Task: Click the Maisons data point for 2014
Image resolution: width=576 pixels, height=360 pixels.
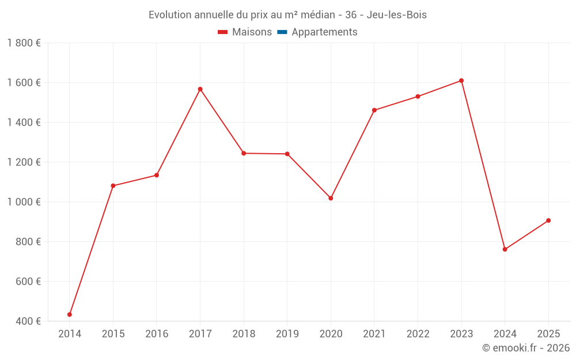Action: point(70,314)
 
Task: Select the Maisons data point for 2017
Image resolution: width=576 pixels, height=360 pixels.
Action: point(200,89)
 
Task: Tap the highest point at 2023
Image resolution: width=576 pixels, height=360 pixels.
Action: point(461,81)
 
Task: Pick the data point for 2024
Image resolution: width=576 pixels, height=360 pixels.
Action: point(505,249)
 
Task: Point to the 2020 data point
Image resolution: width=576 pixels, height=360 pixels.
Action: point(331,198)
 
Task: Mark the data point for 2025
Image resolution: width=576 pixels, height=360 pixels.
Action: point(548,221)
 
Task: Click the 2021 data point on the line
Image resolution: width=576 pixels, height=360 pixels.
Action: point(374,110)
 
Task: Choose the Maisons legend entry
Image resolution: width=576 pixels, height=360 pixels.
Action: point(252,32)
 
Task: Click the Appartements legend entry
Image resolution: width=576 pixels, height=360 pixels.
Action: point(324,32)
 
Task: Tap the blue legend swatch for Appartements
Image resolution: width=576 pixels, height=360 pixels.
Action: point(282,32)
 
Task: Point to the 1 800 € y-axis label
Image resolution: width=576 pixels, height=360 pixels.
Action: point(24,43)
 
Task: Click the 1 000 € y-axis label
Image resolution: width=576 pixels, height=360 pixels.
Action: point(24,202)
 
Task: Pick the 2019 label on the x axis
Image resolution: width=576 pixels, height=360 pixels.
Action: point(287,334)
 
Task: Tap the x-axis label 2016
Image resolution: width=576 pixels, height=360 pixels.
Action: point(157,334)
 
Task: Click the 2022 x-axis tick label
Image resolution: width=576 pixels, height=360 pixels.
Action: point(418,334)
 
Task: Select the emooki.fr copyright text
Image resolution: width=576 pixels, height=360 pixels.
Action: point(525,348)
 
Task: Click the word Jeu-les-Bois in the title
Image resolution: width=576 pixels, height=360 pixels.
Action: point(397,15)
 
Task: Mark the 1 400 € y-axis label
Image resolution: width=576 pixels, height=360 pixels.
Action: point(24,122)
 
